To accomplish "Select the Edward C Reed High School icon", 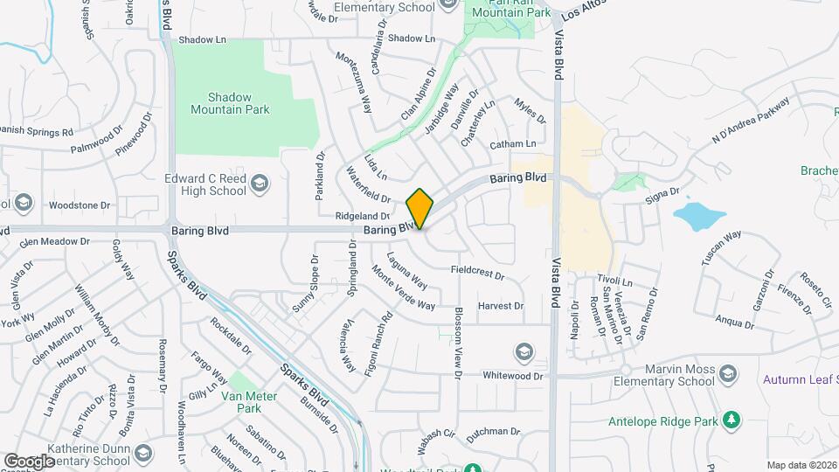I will tap(260, 184).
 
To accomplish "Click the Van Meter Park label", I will tap(242, 401).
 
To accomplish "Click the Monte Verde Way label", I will tap(403, 287).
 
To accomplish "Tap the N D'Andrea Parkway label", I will tap(751, 119).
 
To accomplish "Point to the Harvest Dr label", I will tap(500, 306).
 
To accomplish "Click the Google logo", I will tap(29, 461).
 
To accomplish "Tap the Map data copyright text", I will tap(801, 465).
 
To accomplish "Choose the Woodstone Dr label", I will tap(79, 205).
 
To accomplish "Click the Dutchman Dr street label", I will tap(493, 431).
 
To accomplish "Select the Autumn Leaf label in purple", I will tap(800, 379).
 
